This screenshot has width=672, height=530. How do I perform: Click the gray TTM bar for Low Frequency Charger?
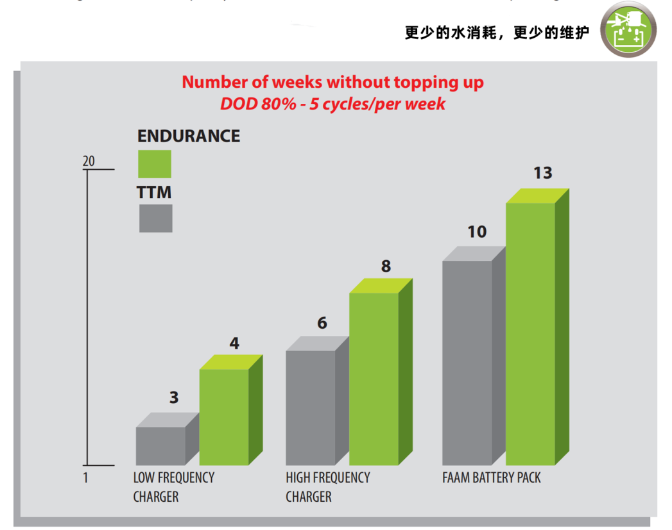(x=160, y=445)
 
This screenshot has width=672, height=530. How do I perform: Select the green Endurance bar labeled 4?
(x=224, y=417)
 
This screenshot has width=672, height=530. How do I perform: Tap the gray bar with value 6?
(x=310, y=407)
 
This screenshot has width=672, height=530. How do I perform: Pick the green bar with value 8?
(x=374, y=378)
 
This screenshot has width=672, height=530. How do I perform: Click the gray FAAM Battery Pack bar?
(x=467, y=362)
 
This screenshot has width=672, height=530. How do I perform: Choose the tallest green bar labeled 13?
(x=530, y=333)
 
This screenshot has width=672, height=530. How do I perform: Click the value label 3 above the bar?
(x=174, y=397)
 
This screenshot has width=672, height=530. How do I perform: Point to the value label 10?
(x=477, y=231)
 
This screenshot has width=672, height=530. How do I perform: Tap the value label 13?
(x=543, y=173)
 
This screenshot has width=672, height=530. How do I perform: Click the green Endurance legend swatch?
(x=155, y=164)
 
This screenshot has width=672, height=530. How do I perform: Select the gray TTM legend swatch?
(x=155, y=219)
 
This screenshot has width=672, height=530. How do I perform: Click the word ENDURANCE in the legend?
(x=189, y=136)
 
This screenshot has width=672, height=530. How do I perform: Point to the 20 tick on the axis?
(x=89, y=161)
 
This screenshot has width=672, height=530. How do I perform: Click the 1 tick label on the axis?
(x=86, y=478)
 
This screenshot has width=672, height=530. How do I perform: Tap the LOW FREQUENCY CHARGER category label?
(x=173, y=487)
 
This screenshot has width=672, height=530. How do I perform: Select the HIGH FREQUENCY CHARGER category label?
(x=327, y=487)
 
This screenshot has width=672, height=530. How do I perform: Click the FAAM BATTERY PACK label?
(x=492, y=478)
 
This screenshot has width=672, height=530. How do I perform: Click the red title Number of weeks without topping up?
(x=332, y=82)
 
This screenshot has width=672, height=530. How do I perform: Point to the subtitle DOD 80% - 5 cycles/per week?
(x=332, y=104)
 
